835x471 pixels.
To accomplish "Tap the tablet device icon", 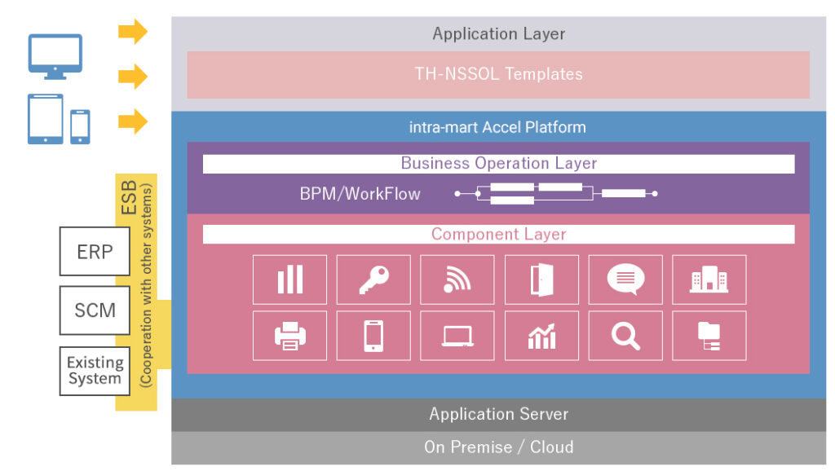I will click(x=46, y=119).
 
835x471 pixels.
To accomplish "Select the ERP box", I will click(x=95, y=251).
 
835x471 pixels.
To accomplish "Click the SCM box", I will click(x=95, y=310).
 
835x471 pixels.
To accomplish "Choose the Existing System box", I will click(x=95, y=370).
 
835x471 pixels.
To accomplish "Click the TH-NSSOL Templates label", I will click(x=498, y=74).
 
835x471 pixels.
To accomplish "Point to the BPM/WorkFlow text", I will click(x=360, y=194).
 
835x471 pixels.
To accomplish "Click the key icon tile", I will click(x=373, y=280).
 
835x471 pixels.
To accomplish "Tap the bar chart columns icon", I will click(x=289, y=280).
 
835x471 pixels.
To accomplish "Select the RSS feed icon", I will click(x=457, y=280).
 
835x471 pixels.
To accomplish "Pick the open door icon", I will click(x=541, y=280).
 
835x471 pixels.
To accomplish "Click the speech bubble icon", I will click(x=625, y=280).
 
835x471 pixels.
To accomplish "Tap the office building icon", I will click(x=709, y=280).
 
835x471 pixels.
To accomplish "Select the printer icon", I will click(x=289, y=335).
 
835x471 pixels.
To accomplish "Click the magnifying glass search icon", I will click(x=625, y=335).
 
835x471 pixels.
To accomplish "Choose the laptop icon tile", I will click(x=457, y=335).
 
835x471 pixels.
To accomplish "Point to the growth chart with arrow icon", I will click(x=541, y=335).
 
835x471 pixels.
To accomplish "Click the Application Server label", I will click(x=498, y=414).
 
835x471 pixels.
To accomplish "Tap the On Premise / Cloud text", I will click(x=498, y=447).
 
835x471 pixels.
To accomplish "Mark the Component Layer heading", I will click(x=498, y=234).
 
